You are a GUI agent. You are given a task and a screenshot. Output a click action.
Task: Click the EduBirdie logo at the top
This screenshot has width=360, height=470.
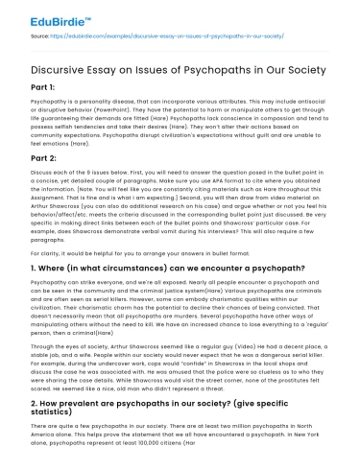tap(39, 16)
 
